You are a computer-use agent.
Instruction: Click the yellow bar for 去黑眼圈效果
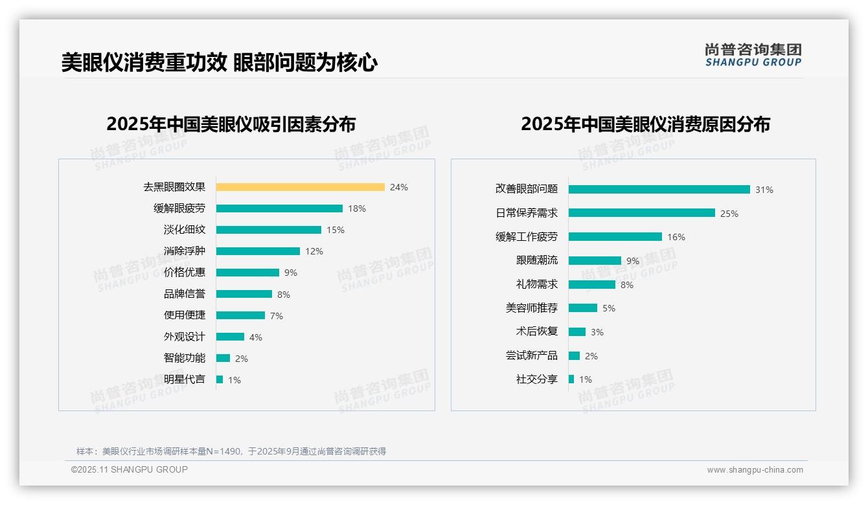[x=300, y=187]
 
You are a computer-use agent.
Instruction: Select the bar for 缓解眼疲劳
[x=279, y=208]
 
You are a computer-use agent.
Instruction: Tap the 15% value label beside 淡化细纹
[x=336, y=230]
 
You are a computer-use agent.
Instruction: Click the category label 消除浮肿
[x=185, y=251]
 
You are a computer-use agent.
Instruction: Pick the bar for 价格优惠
[x=247, y=273]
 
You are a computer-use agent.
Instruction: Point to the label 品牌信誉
[x=185, y=294]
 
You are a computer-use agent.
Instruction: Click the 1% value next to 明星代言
[x=234, y=380]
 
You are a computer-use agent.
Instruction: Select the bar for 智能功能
[x=223, y=358]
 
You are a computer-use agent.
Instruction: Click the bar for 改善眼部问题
[x=659, y=190]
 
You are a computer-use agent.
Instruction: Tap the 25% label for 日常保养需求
[x=729, y=214]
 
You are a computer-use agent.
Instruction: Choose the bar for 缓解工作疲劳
[x=615, y=237]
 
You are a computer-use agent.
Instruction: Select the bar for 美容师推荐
[x=582, y=308]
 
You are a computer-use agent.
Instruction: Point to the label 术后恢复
[x=537, y=331]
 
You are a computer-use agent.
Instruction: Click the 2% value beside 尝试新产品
[x=591, y=356]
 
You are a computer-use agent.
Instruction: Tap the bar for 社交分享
[x=571, y=379]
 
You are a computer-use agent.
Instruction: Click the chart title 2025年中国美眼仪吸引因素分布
[x=231, y=124]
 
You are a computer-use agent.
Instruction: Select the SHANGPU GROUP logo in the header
[x=753, y=55]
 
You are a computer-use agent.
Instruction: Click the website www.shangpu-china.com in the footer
[x=755, y=470]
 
